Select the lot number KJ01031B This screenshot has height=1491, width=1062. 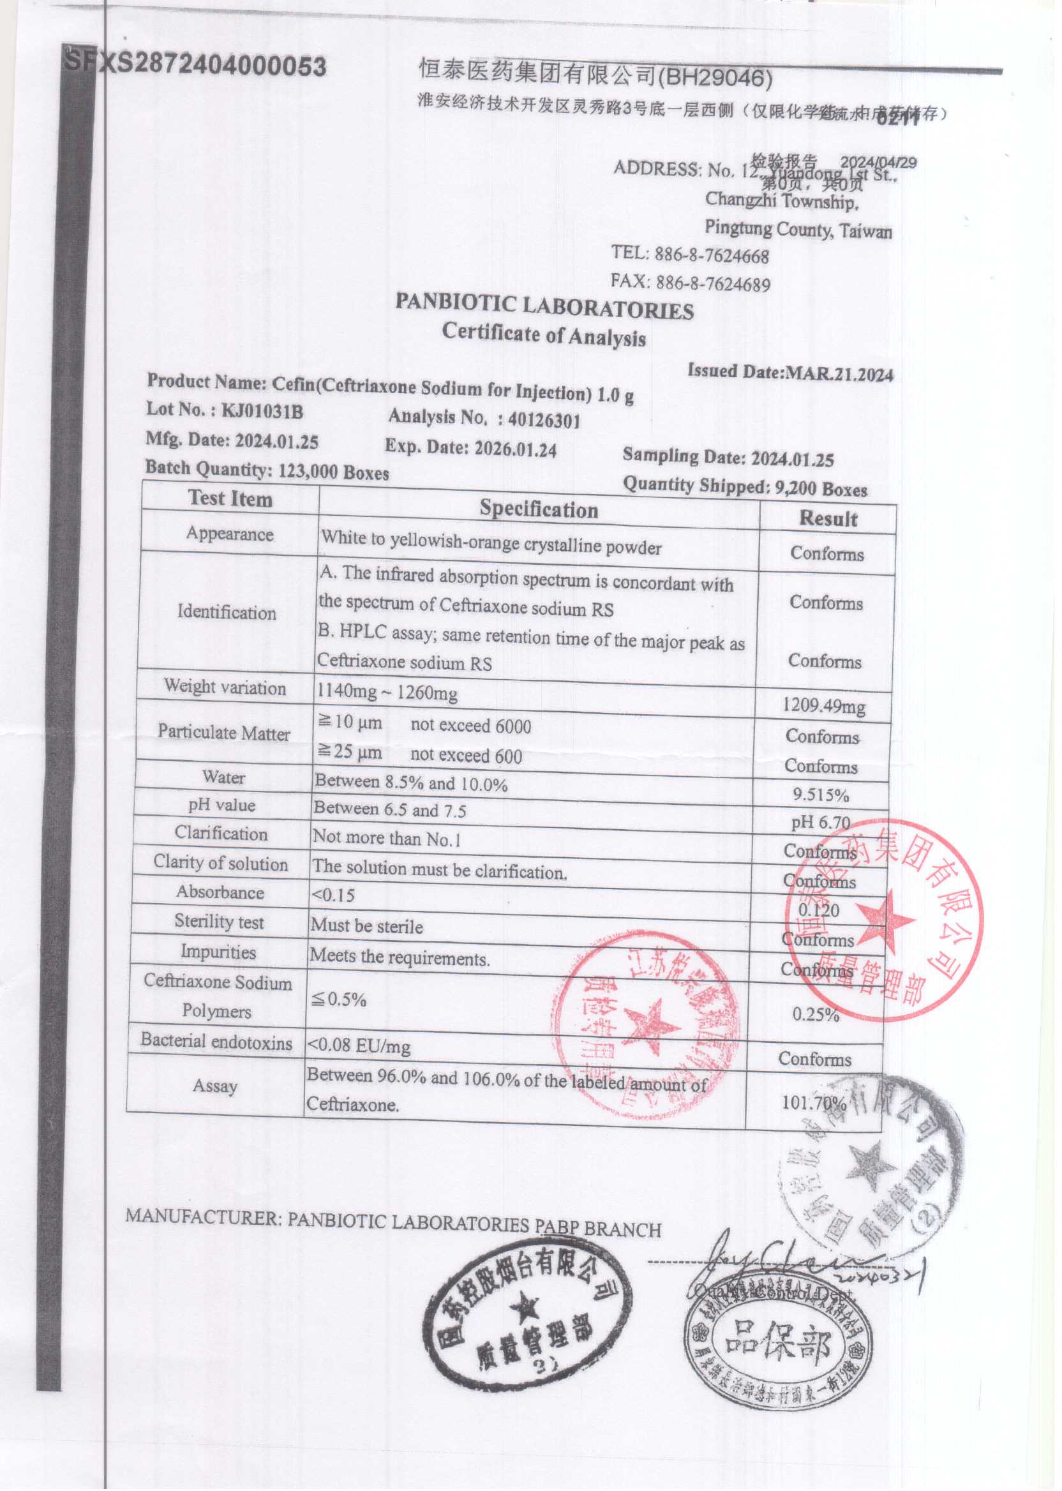point(262,411)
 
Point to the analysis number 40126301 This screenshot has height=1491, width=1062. point(544,420)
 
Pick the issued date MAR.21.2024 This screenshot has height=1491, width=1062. point(839,375)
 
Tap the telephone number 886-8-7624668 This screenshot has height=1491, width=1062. point(712,256)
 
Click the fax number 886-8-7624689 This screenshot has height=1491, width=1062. point(713,284)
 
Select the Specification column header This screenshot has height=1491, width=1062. point(539,509)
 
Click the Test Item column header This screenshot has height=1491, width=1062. point(230,499)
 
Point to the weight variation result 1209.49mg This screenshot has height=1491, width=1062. point(824,706)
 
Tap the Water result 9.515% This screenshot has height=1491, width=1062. point(821,795)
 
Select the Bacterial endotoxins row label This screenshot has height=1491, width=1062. point(216,1041)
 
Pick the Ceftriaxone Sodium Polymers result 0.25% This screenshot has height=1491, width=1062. point(816,1014)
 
